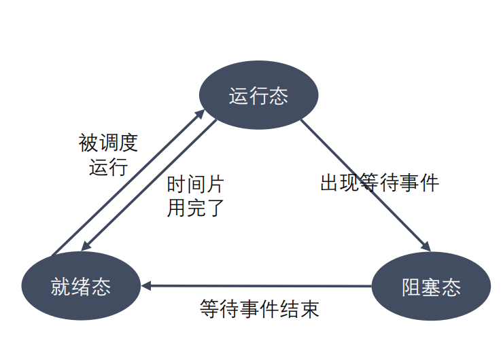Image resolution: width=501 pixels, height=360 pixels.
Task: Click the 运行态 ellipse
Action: click(x=258, y=96)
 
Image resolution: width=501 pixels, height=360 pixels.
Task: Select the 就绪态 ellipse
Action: click(x=81, y=286)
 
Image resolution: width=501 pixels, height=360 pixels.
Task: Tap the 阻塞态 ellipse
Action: click(x=431, y=287)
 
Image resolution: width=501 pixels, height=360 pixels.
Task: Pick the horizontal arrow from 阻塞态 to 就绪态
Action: click(x=258, y=286)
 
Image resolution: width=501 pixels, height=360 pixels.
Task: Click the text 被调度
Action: click(x=108, y=143)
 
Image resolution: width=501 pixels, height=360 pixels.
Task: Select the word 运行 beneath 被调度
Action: click(x=108, y=167)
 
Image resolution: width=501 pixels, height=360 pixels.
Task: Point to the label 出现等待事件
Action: click(x=380, y=183)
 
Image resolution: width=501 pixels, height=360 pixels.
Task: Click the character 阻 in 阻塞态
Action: click(x=411, y=287)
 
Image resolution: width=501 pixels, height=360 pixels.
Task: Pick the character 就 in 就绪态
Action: click(x=61, y=286)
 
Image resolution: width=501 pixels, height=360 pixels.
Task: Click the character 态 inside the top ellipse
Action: click(x=278, y=96)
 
